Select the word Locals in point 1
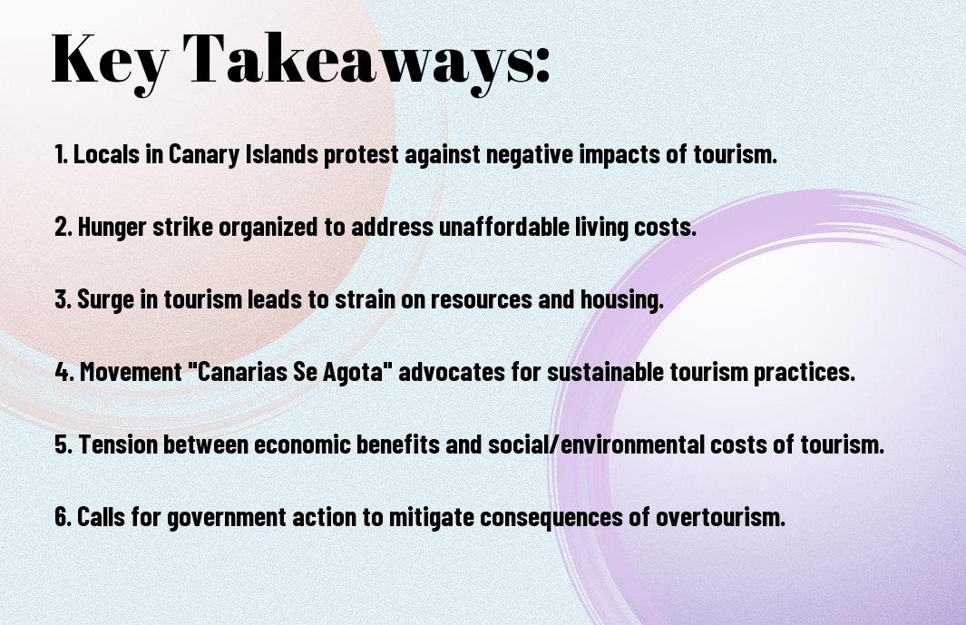point(107,154)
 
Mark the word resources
point(481,300)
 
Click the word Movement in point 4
point(131,372)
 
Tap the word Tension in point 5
point(116,444)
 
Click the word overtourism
point(720,517)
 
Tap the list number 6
point(63,516)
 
